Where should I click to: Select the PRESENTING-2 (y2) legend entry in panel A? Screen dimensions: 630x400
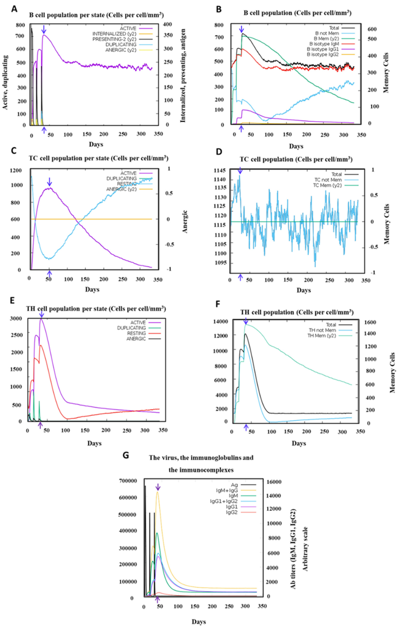point(114,39)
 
